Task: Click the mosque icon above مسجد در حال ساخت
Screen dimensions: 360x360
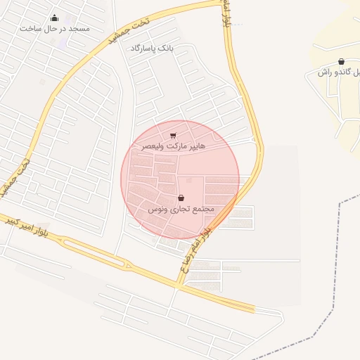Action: point(55,18)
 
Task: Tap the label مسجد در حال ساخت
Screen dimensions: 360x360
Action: point(55,27)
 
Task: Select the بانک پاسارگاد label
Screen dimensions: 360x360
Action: point(151,48)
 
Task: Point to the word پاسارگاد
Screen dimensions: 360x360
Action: point(143,48)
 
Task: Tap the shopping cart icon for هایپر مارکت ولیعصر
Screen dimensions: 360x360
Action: point(173,136)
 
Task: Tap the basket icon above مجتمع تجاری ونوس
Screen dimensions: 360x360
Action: point(181,198)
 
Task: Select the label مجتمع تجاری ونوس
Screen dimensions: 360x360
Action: point(181,209)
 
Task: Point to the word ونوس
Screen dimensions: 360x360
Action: point(157,209)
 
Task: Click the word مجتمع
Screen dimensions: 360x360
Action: point(202,209)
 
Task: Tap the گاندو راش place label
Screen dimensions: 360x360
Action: point(337,72)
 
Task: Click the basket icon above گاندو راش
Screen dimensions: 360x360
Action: point(341,62)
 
